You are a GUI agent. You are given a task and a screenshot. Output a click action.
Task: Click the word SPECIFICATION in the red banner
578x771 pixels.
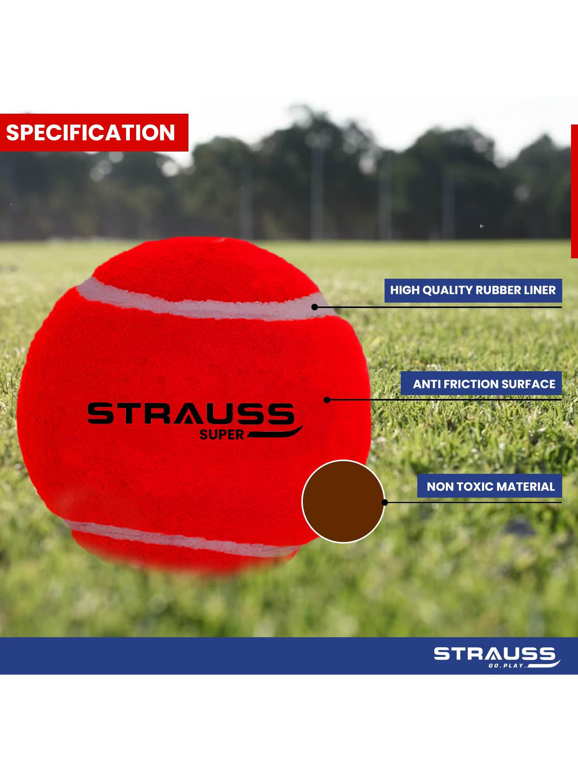click(x=91, y=133)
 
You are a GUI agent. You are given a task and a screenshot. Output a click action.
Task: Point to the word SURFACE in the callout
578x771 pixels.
click(x=525, y=384)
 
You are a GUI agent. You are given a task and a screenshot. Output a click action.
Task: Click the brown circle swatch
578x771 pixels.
click(x=343, y=502)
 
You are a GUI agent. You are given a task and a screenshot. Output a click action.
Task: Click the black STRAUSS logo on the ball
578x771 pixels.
click(x=191, y=413)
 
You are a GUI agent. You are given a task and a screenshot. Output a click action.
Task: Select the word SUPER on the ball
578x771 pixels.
click(x=222, y=435)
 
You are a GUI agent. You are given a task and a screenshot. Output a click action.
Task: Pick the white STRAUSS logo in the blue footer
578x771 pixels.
click(x=495, y=654)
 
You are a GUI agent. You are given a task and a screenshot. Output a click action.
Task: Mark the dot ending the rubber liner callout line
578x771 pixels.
click(x=314, y=307)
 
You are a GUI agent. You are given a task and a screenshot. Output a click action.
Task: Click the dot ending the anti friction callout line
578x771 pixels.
click(x=327, y=400)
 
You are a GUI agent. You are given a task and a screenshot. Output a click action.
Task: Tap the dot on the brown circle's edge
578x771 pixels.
click(x=385, y=502)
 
